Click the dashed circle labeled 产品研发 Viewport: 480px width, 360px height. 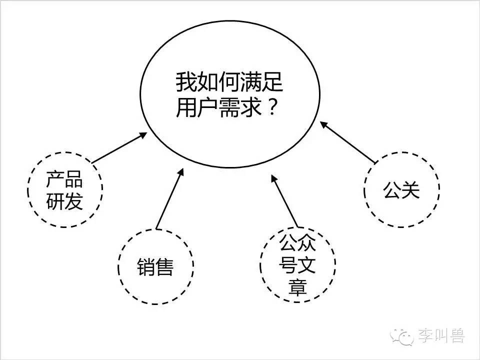pos(28,190)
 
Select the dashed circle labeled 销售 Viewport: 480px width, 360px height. pos(118,266)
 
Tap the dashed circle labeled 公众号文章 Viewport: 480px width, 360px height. pos(261,265)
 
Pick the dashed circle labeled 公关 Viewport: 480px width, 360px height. pos(364,190)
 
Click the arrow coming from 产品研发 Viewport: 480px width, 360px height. pos(119,147)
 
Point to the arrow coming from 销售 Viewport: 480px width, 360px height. pos(170,198)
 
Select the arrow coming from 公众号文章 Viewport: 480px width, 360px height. pos(284,201)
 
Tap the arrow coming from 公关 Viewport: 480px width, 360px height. pos(347,142)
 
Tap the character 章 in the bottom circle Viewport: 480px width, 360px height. pos(297,286)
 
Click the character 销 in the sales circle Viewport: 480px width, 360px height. pos(146,266)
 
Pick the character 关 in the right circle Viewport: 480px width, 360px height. pos(410,190)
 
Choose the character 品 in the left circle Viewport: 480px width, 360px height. pos(74,179)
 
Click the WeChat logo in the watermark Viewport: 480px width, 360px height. pos(401,336)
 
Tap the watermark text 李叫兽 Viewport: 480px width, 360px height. pos(441,336)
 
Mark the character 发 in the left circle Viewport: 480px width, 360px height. pos(74,201)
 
